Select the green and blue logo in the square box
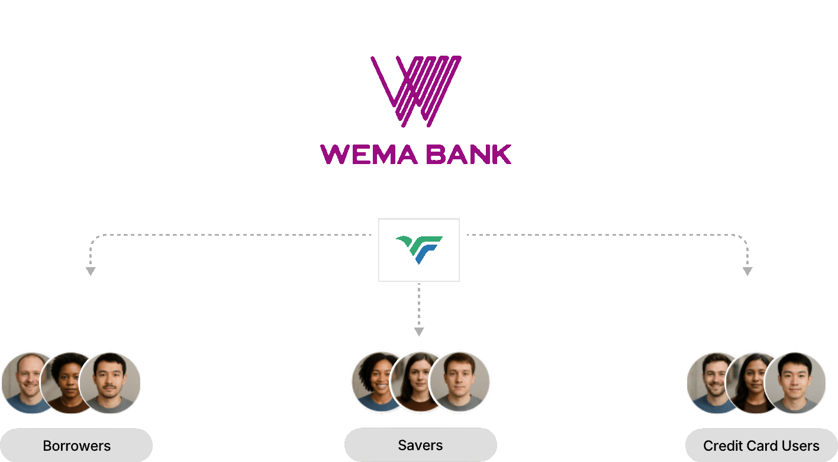419,249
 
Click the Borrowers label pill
76,445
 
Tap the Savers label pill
420,445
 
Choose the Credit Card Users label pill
761,445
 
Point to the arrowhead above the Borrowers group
91,271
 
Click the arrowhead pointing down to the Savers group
419,332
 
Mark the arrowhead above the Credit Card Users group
747,271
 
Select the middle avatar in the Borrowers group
68,382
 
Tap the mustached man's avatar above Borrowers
110,382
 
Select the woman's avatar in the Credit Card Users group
751,382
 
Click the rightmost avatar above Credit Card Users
795,382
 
